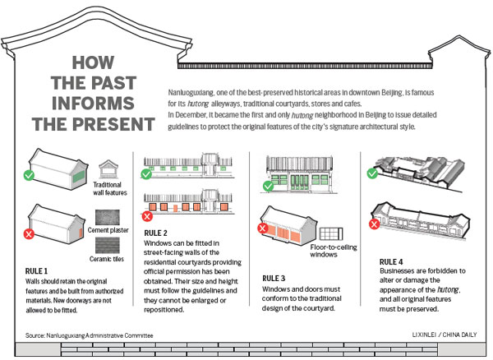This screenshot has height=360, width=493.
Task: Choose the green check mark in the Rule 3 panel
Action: pos(267,186)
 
